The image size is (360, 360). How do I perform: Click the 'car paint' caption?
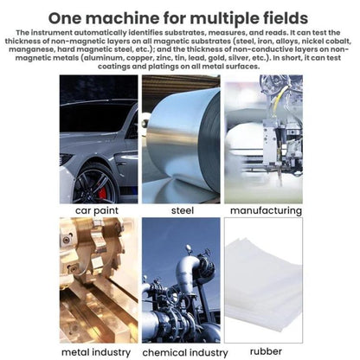click(x=97, y=210)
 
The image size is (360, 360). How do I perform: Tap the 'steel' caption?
click(x=183, y=210)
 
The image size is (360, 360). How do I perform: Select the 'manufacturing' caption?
click(x=266, y=210)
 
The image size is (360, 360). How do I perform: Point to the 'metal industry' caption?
click(x=96, y=352)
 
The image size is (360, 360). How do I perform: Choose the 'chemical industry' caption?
click(x=185, y=352)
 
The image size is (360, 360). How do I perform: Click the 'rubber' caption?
click(x=266, y=351)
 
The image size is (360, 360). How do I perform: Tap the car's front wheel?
click(x=94, y=185)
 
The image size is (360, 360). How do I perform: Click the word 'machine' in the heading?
click(x=122, y=18)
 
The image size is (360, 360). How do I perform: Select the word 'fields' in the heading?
click(x=286, y=18)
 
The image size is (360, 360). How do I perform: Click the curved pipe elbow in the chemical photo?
click(x=188, y=270)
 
